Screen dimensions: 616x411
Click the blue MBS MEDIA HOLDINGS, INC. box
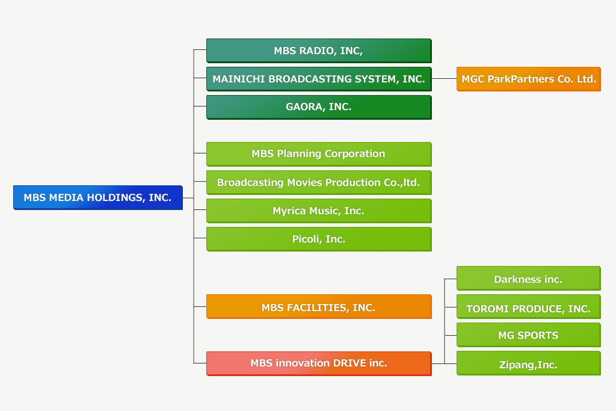tap(98, 197)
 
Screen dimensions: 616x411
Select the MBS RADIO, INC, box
tap(319, 51)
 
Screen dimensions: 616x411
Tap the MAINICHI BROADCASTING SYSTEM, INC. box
tap(319, 79)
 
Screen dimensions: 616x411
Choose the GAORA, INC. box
tap(319, 107)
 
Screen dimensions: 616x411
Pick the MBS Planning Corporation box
tap(319, 154)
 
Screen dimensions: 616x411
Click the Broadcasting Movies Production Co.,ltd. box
tap(319, 182)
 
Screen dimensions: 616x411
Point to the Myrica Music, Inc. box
tap(319, 211)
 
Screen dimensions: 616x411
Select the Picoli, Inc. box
tap(319, 239)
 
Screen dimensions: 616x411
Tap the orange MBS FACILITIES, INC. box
tap(319, 306)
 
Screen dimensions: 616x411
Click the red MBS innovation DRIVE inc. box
tap(319, 363)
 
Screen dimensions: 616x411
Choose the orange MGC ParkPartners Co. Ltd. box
tap(528, 79)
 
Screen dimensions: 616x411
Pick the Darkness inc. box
tap(528, 278)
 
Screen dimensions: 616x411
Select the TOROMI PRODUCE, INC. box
tap(528, 306)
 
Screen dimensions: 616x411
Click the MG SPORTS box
tap(528, 335)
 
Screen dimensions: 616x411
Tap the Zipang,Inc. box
tap(528, 363)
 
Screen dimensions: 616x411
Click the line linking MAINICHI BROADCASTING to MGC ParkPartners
tap(444, 79)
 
